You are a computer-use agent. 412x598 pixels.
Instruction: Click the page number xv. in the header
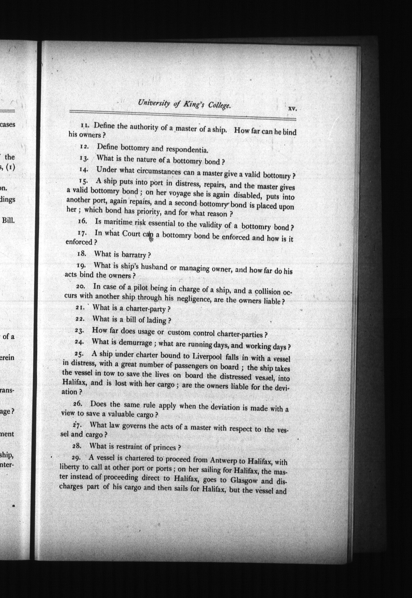[292, 109]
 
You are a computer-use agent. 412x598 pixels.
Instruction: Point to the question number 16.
[82, 221]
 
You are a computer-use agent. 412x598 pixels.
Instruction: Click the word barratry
[134, 254]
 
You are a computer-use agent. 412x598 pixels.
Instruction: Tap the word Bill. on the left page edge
[8, 220]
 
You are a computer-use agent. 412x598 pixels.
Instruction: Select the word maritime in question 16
[118, 222]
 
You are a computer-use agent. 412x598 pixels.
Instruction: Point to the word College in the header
[219, 106]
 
